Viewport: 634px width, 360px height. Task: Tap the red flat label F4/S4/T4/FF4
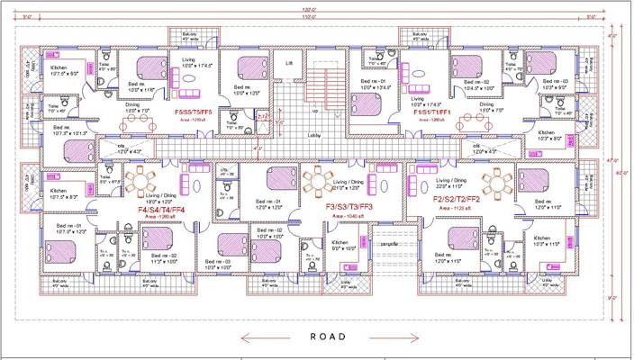161,210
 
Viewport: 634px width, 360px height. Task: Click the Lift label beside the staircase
288,64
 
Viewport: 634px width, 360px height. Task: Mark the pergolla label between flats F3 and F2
388,243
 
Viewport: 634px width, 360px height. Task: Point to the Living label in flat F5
188,59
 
